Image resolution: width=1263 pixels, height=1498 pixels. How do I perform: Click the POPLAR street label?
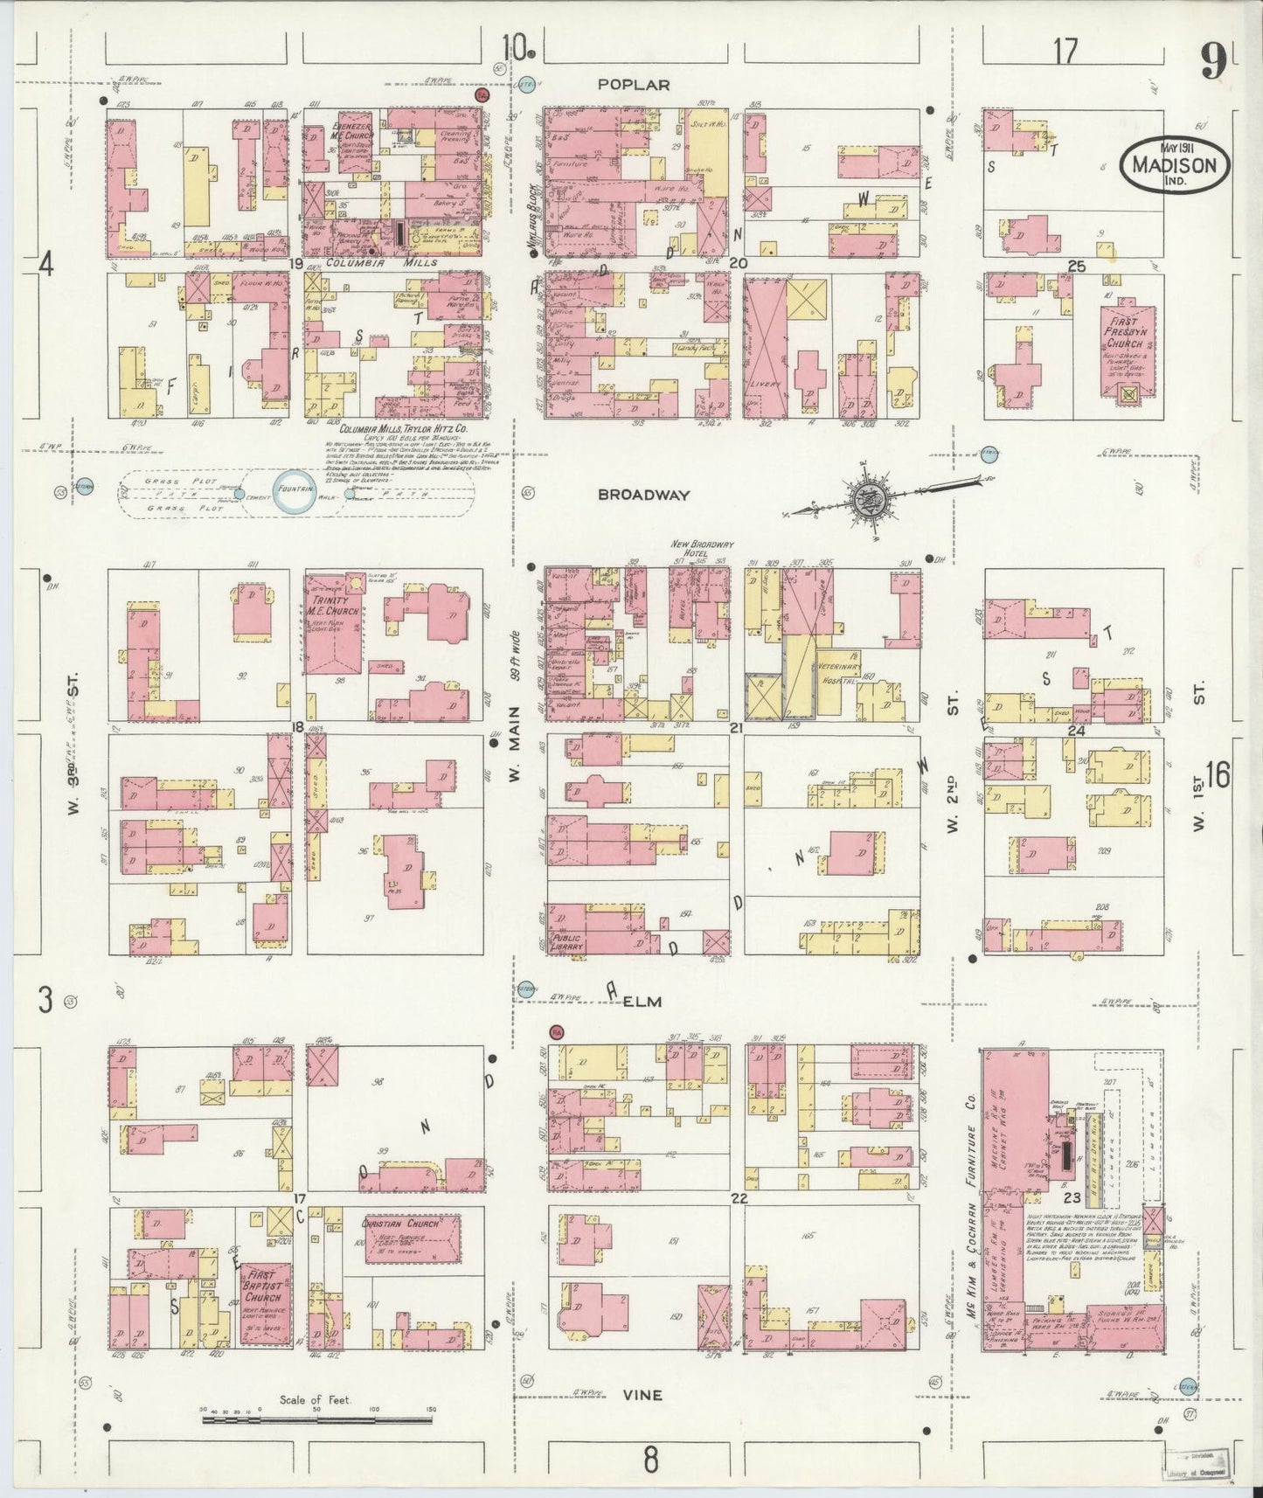point(635,85)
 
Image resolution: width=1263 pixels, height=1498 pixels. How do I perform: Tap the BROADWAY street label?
point(644,495)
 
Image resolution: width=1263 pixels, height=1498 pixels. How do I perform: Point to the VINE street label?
point(642,1396)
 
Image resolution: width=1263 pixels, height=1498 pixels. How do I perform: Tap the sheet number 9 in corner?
point(1212,61)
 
